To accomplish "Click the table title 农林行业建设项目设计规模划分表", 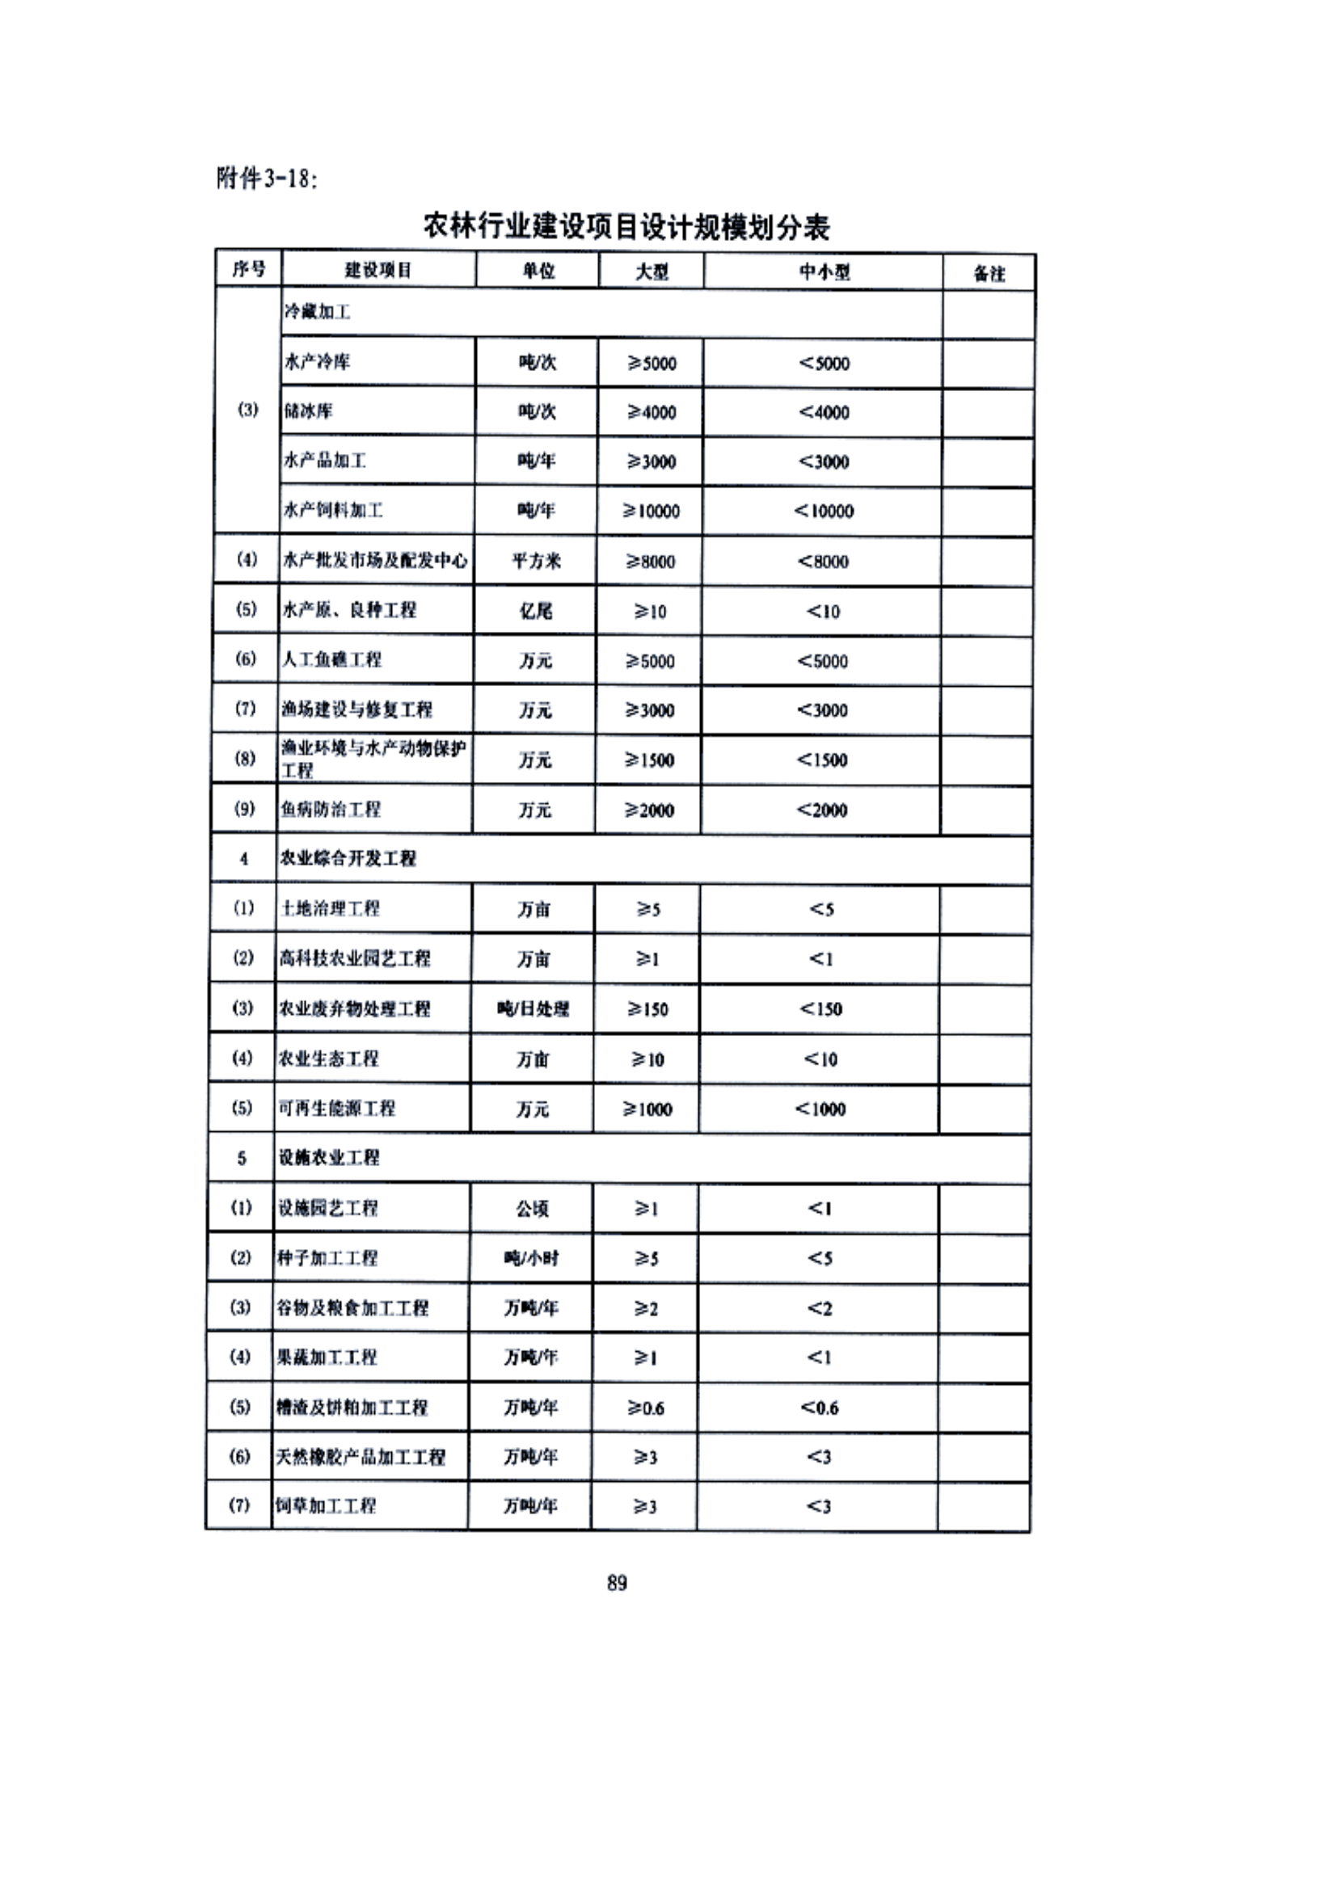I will click(x=626, y=226).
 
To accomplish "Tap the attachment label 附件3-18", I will click(x=266, y=178).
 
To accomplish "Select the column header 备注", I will click(x=989, y=273).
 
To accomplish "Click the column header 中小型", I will click(x=823, y=272).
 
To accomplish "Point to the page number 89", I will click(x=617, y=1583).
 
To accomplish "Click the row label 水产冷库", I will click(x=317, y=361).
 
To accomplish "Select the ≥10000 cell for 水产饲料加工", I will click(x=652, y=511).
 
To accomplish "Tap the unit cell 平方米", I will click(x=536, y=562).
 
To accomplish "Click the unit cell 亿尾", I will click(x=536, y=611).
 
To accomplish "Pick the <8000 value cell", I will click(x=822, y=562).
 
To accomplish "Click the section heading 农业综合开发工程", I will click(x=348, y=859).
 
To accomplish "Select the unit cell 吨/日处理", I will click(x=533, y=1008).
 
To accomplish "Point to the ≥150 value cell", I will click(x=648, y=1009).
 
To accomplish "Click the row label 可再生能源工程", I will click(x=337, y=1108).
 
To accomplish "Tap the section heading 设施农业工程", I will click(x=329, y=1157).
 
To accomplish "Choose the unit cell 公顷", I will click(x=532, y=1208).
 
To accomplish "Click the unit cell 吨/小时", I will click(x=531, y=1258).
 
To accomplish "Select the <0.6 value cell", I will click(x=819, y=1408).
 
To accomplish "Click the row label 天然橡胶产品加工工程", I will click(x=360, y=1457).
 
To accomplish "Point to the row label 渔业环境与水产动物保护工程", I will click(x=373, y=759).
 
